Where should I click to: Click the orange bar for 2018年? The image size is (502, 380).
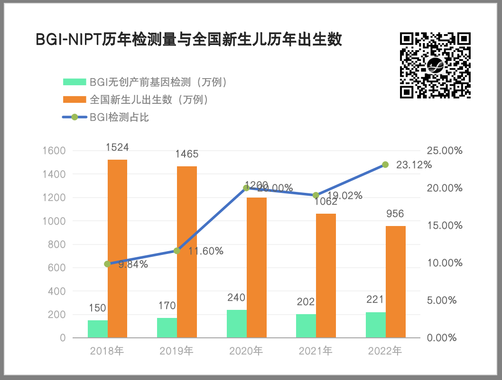tap(117, 249)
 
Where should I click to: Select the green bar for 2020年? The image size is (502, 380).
tap(237, 324)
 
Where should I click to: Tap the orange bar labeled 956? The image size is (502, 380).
tap(396, 282)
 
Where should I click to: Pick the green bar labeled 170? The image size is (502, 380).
tap(167, 328)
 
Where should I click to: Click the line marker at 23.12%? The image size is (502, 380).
tap(385, 164)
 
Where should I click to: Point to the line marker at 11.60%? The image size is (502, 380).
tap(177, 251)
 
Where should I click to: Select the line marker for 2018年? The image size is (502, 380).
tap(107, 264)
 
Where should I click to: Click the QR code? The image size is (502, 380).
tap(435, 65)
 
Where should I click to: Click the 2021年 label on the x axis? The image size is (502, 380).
tap(316, 352)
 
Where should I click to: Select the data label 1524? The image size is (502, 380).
tap(117, 147)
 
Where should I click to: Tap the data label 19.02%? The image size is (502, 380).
tap(345, 195)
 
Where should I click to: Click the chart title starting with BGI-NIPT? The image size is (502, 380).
tap(189, 40)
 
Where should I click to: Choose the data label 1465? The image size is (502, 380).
tap(186, 154)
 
